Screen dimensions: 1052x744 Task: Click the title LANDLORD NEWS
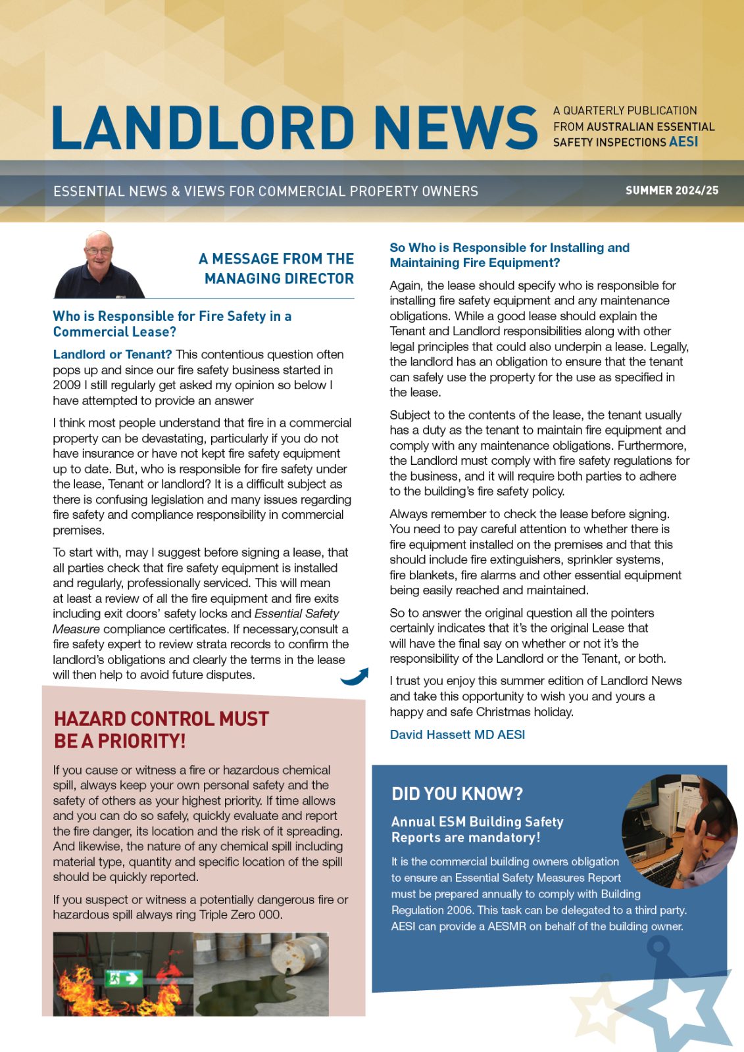pyautogui.click(x=295, y=127)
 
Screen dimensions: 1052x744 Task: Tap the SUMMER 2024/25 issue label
pyautogui.click(x=672, y=191)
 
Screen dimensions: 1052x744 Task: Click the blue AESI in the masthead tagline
pyautogui.click(x=683, y=142)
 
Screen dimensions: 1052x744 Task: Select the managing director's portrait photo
pyautogui.click(x=99, y=265)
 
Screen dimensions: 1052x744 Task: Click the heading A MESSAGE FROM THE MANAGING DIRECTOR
pyautogui.click(x=277, y=268)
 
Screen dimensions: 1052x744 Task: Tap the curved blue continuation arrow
pyautogui.click(x=355, y=677)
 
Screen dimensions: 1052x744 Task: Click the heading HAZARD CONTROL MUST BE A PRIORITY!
pyautogui.click(x=162, y=730)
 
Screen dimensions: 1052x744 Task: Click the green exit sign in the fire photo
pyautogui.click(x=124, y=978)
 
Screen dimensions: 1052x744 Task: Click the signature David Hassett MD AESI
pyautogui.click(x=457, y=734)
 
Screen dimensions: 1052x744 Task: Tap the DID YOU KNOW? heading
pyautogui.click(x=457, y=794)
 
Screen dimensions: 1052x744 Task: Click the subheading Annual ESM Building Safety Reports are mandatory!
pyautogui.click(x=477, y=829)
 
